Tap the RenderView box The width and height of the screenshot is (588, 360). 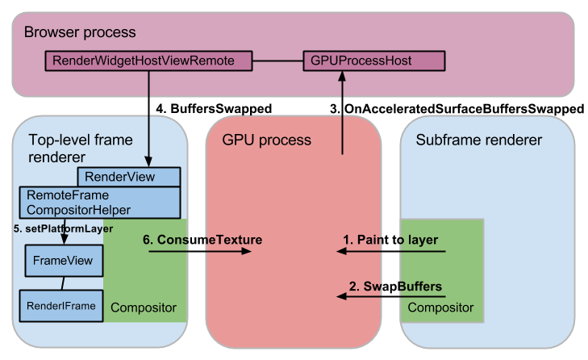pos(128,177)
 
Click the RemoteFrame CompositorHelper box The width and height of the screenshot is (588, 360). pos(100,202)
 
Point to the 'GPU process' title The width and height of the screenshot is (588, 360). pos(265,140)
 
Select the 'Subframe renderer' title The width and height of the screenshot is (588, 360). pos(478,140)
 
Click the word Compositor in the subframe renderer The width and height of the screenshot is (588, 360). pos(440,308)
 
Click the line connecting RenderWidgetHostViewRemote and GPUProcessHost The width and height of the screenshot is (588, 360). pos(278,60)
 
